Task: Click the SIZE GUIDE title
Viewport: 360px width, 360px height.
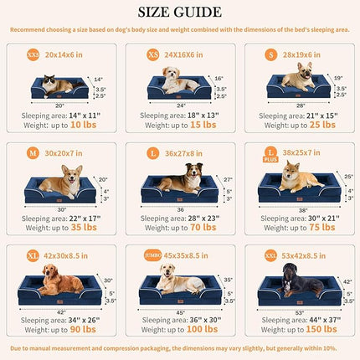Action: [180, 12]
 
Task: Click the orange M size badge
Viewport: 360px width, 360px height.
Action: [32, 155]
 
